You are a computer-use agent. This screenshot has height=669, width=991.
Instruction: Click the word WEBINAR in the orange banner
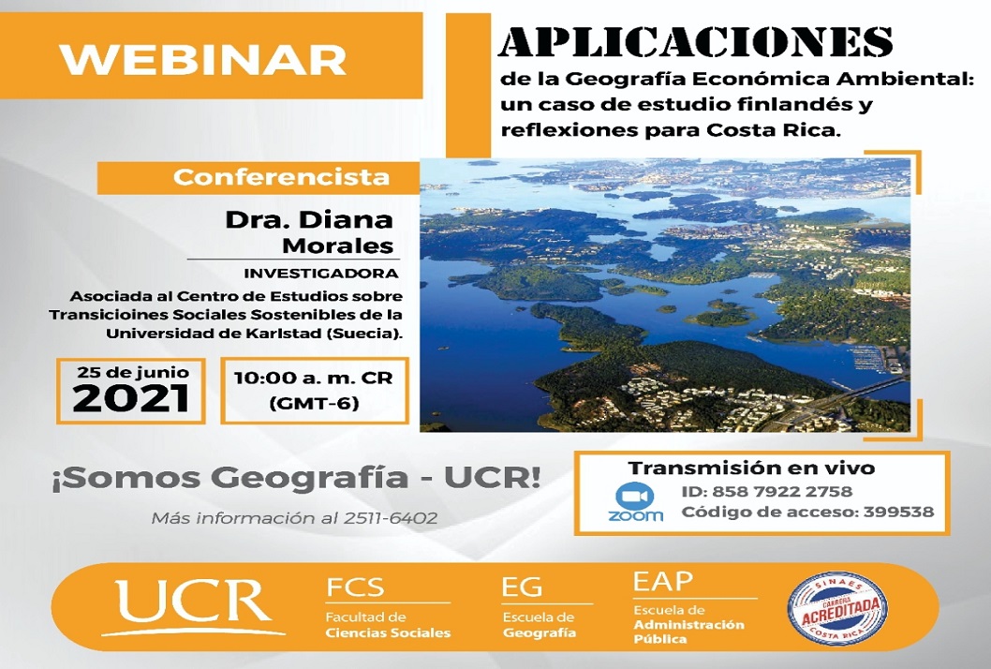[203, 59]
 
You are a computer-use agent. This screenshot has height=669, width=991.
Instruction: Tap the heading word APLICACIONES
[696, 42]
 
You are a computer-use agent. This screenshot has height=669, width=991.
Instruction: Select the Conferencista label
[281, 176]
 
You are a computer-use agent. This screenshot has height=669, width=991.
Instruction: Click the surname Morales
[337, 245]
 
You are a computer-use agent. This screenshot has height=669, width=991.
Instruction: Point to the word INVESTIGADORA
[321, 274]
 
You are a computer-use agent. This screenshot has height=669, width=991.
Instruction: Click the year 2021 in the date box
[131, 398]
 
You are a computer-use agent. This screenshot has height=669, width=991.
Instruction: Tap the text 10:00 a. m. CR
[314, 379]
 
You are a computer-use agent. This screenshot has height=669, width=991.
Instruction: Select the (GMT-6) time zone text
[314, 403]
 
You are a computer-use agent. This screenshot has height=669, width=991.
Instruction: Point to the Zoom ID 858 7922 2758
[782, 491]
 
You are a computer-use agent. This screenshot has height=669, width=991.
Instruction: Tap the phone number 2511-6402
[391, 518]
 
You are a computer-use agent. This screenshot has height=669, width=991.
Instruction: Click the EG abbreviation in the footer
[522, 587]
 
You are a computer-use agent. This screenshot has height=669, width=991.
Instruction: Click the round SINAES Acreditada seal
[837, 608]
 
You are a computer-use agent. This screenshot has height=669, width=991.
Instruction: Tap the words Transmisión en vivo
[751, 468]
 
